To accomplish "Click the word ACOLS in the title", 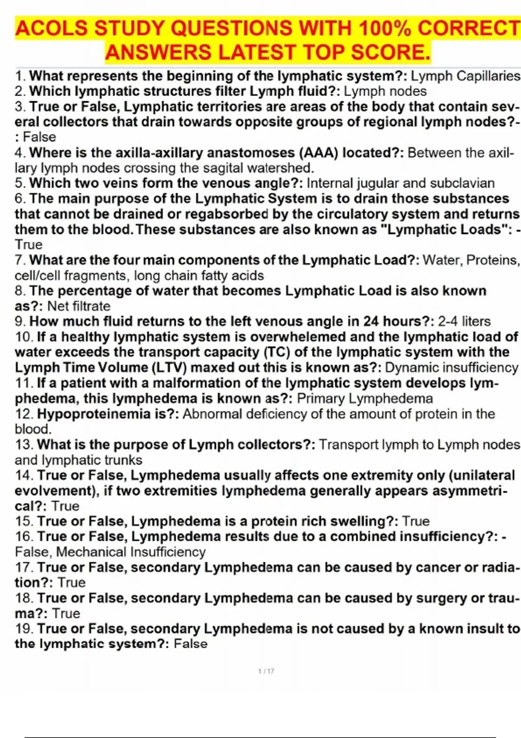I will pyautogui.click(x=51, y=29).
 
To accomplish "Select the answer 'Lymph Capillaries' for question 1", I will pyautogui.click(x=465, y=76).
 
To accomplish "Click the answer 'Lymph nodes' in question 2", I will pyautogui.click(x=385, y=91).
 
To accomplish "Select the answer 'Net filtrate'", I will pyautogui.click(x=79, y=306).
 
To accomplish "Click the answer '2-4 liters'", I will pyautogui.click(x=464, y=321).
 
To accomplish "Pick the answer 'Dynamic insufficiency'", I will pyautogui.click(x=452, y=367).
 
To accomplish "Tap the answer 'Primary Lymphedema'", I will pyautogui.click(x=365, y=398).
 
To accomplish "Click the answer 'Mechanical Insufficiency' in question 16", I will pyautogui.click(x=131, y=552).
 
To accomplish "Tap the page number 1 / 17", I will pyautogui.click(x=266, y=671).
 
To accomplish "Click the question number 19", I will pyautogui.click(x=24, y=629).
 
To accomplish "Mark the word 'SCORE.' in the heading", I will pyautogui.click(x=391, y=53).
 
